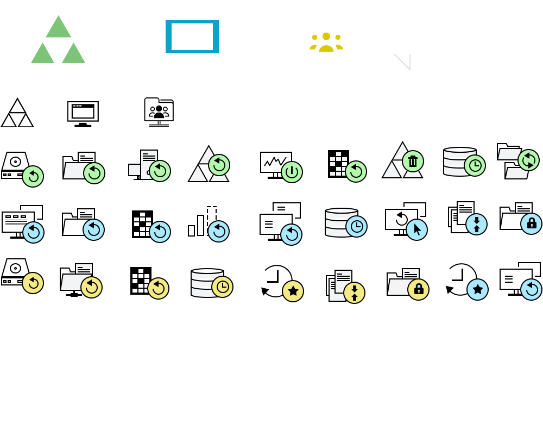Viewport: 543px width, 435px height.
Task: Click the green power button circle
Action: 292,172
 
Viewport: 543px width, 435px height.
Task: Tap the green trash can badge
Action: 413,161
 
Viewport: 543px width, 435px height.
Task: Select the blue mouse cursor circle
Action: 416,229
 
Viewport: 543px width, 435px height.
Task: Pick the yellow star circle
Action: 293,291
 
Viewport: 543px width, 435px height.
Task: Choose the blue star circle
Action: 477,289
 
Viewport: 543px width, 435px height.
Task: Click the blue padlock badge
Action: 531,223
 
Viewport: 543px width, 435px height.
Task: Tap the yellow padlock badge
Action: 418,289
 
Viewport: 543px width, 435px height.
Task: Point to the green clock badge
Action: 475,165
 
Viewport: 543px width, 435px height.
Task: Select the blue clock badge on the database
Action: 356,226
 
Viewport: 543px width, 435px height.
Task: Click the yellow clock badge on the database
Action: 222,287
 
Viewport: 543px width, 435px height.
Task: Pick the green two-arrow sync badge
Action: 528,160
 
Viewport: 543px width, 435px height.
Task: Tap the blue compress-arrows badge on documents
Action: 476,224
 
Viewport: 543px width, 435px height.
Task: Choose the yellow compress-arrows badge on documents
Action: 354,293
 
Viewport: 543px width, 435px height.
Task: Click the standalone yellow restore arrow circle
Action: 33,283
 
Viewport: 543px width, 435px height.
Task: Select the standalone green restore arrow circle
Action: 33,176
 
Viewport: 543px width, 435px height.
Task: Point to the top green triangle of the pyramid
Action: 58,27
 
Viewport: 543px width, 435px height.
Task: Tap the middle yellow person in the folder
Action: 326,41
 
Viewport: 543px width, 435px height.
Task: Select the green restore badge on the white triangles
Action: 219,165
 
